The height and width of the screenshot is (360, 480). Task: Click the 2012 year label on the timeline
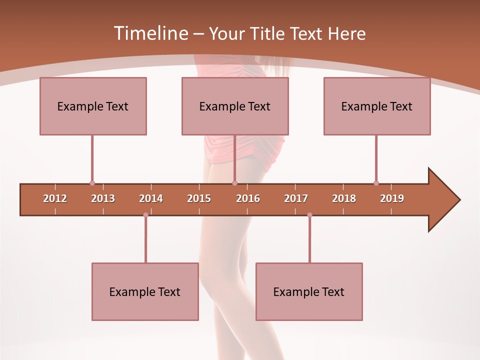tap(55, 198)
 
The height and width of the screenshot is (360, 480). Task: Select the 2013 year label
tap(103, 198)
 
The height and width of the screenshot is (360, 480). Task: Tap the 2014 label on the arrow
tap(151, 198)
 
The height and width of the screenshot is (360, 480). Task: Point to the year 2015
tap(199, 198)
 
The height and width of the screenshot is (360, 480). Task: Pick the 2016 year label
tap(248, 198)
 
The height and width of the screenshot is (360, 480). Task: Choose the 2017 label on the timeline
tap(296, 198)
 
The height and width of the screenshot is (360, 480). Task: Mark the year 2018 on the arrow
tap(344, 198)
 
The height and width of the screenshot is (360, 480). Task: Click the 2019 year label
tap(392, 198)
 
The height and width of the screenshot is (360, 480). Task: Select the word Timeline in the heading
tap(150, 33)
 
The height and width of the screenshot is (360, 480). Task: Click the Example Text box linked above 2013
tap(93, 106)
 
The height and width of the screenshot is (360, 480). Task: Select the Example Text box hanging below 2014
tap(145, 291)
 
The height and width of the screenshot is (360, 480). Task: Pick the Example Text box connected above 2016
tap(235, 106)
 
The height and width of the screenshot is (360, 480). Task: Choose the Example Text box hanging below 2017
tap(309, 291)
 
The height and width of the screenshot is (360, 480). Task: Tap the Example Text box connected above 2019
tap(377, 106)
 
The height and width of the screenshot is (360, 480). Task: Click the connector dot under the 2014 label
tap(145, 215)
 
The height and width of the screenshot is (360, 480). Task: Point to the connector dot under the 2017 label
tap(309, 215)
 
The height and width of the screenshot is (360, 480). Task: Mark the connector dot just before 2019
tap(376, 183)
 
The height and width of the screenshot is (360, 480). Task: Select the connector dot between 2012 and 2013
tap(92, 183)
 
